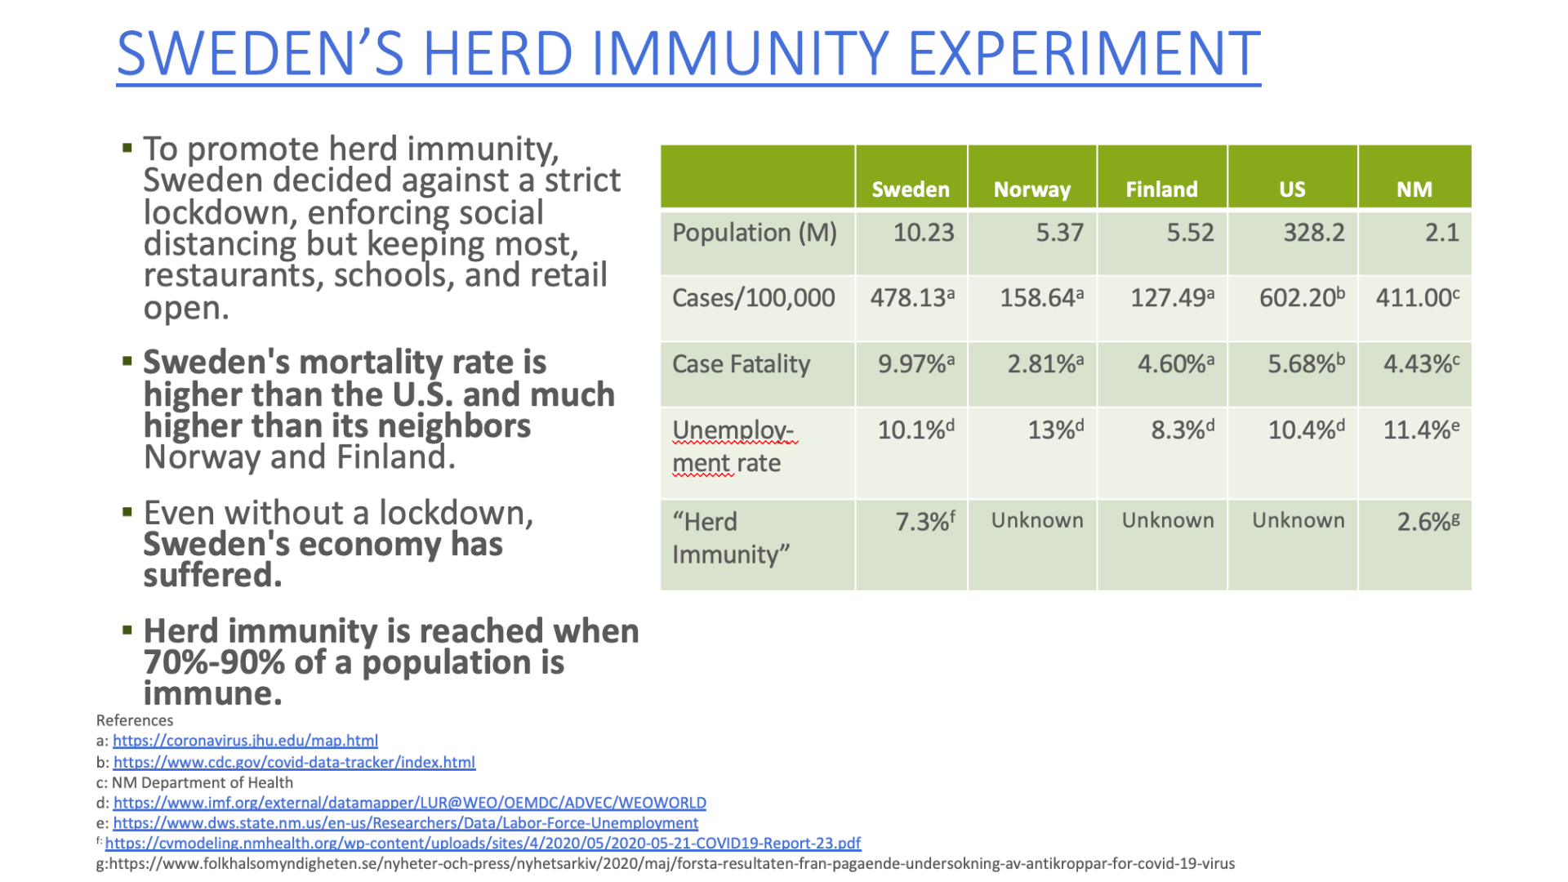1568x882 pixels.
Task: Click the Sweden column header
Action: coord(911,189)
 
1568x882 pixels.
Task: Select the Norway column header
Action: coord(1031,190)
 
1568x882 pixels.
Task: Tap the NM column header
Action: coord(1414,189)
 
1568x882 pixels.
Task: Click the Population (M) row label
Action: coord(755,234)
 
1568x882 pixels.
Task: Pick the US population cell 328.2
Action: coord(1313,233)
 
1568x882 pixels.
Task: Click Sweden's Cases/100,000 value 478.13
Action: coord(912,297)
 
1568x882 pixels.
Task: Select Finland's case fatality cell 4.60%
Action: coord(1175,363)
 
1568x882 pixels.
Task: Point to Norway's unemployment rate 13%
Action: coord(1055,430)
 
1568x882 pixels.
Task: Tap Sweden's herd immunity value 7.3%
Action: coord(925,521)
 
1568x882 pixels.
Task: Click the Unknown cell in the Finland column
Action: coord(1168,520)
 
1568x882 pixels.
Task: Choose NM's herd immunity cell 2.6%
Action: coord(1428,521)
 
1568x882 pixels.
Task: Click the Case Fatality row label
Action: coord(742,364)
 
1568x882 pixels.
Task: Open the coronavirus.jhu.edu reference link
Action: coord(245,741)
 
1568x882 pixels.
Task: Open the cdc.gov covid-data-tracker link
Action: coord(294,762)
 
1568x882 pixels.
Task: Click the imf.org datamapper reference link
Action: coord(410,803)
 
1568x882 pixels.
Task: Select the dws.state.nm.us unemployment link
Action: coord(406,823)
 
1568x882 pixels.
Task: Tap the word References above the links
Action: coord(135,720)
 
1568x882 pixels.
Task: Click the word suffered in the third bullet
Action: coord(212,576)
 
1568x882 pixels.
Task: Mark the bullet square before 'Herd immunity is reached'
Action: coord(127,630)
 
